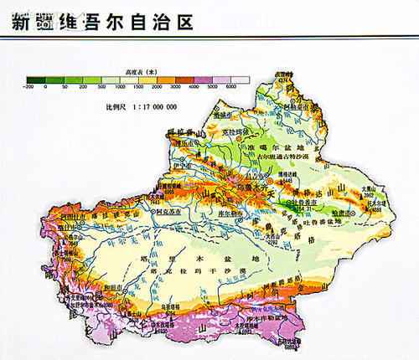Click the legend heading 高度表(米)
tap(137, 73)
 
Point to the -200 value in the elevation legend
tap(29, 88)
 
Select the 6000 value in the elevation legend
tap(231, 88)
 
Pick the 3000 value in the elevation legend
tap(175, 88)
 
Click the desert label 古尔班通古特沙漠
tap(269, 157)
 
